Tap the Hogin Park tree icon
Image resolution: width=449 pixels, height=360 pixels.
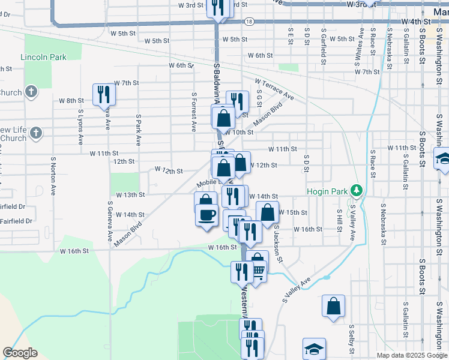(357, 191)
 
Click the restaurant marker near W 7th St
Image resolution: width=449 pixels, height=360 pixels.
(104, 94)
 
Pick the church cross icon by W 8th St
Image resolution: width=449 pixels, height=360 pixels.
(31, 92)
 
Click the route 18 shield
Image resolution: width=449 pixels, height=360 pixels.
(249, 21)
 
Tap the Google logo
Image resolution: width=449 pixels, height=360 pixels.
(20, 353)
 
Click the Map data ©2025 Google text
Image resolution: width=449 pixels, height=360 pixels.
(412, 355)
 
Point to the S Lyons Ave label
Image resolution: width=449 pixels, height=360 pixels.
(80, 127)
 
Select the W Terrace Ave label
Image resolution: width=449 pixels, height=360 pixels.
(274, 89)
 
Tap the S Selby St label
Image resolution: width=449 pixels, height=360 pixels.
(351, 340)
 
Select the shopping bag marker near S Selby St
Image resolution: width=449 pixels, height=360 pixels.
(333, 306)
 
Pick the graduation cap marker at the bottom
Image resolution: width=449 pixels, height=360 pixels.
(314, 349)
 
